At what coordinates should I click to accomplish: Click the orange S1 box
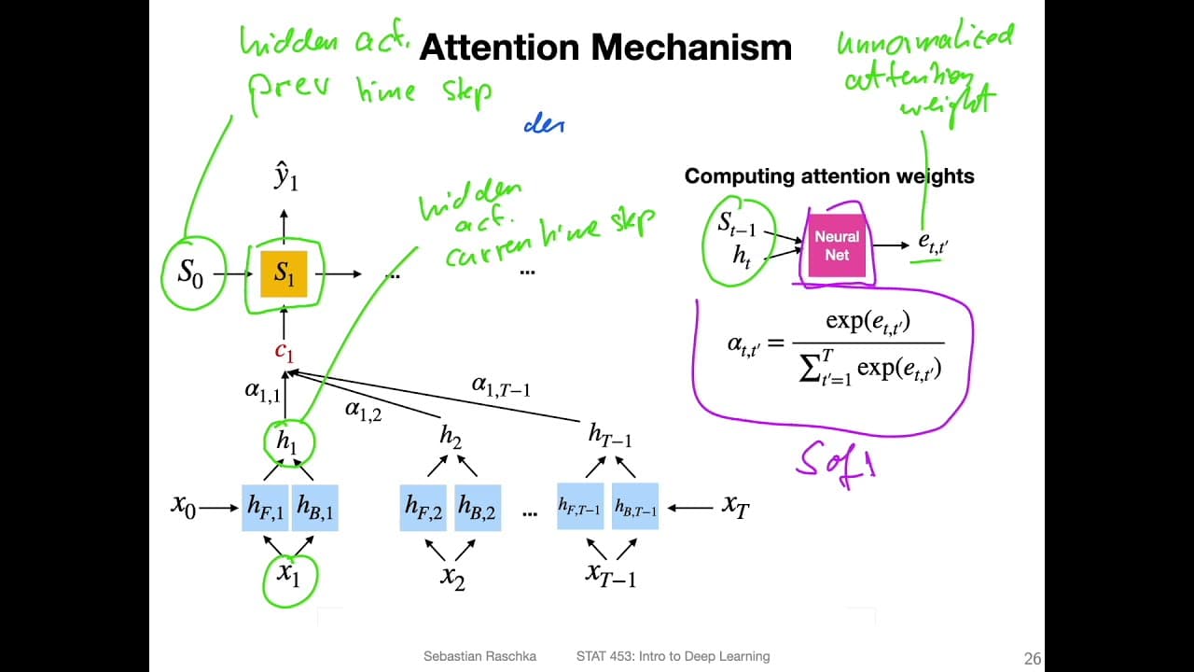coord(284,274)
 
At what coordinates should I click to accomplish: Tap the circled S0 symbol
coord(190,274)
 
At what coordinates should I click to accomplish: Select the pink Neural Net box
coord(837,245)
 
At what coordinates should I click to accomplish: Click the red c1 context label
coord(284,352)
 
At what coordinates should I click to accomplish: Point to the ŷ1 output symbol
coord(285,177)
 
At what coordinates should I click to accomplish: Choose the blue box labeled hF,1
coord(265,508)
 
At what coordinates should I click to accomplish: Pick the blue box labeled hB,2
coord(477,508)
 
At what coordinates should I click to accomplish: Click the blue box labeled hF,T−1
coord(580,508)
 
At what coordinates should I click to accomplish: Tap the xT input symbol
coord(736,506)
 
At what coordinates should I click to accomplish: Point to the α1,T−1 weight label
coord(501,386)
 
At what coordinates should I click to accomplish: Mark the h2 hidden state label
coord(451,436)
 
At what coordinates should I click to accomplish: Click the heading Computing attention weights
coord(829,176)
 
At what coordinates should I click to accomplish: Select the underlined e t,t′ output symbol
coord(933,245)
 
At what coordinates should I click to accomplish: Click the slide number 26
coord(1032,659)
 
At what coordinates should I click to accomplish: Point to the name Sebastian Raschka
coord(479,657)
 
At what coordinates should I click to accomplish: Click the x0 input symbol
coord(183,506)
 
